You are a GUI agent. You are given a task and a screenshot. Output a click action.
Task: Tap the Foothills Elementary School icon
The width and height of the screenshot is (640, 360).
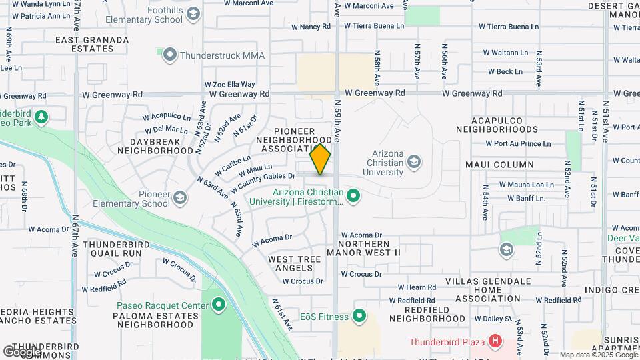[x=193, y=13]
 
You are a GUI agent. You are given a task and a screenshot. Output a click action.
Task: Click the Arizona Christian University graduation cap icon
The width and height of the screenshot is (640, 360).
[x=413, y=161]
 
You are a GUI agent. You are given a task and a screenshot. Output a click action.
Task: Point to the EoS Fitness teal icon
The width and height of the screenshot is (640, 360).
[x=359, y=315]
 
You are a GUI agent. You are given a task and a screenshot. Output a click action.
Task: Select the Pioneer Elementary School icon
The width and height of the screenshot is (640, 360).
[x=179, y=197]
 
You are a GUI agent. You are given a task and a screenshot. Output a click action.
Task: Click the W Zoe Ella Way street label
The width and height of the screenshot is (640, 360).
[x=229, y=85]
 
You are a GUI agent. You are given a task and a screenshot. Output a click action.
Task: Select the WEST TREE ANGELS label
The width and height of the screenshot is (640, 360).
[x=290, y=263]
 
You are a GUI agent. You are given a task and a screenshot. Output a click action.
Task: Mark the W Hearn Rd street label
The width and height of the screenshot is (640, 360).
[x=417, y=287]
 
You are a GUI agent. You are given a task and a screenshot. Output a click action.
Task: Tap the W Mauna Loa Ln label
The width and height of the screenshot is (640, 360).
[x=527, y=185]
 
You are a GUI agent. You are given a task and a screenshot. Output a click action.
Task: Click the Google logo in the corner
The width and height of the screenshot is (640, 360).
[x=22, y=351]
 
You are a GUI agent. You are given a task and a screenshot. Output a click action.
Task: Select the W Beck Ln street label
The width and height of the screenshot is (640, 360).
[x=505, y=71]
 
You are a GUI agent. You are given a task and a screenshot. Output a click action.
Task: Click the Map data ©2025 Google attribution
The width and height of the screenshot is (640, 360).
[x=598, y=355]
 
